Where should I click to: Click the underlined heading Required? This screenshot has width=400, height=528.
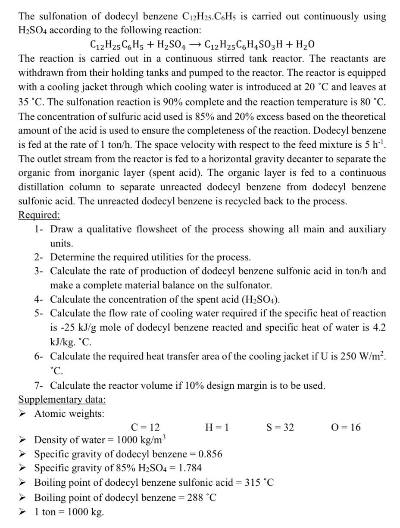(x=39, y=215)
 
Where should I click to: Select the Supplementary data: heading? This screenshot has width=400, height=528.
(x=62, y=399)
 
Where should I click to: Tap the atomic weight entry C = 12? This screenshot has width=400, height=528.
(x=145, y=427)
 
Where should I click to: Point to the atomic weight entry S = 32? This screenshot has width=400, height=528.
(x=280, y=427)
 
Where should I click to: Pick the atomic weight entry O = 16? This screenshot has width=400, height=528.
(x=346, y=427)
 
